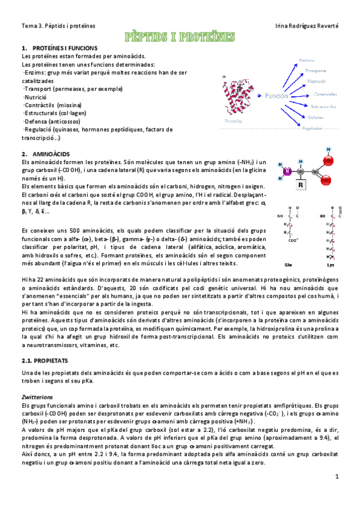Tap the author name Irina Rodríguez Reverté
tap(307, 26)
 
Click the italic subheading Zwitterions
tap(37, 397)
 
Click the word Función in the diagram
tap(277, 96)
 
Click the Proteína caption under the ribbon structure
tap(233, 121)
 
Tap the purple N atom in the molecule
tap(287, 171)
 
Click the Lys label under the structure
tap(329, 263)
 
